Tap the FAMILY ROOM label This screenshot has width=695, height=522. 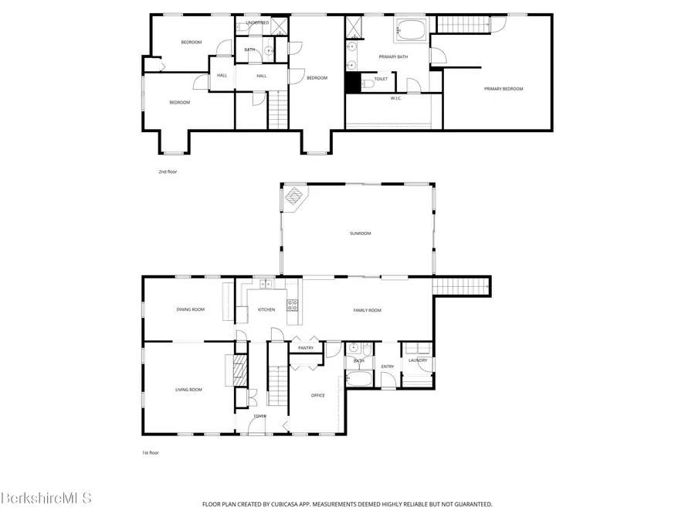pyautogui.click(x=368, y=310)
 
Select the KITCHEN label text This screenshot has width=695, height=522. pyautogui.click(x=266, y=310)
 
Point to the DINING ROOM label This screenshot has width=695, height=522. pyautogui.click(x=191, y=309)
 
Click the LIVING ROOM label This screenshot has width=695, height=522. pyautogui.click(x=188, y=390)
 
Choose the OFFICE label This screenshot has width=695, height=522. pyautogui.click(x=317, y=395)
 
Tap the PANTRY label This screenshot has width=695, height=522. pyautogui.click(x=306, y=348)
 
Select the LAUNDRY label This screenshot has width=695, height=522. pyautogui.click(x=418, y=360)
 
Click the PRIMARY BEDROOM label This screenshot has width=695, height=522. pyautogui.click(x=503, y=89)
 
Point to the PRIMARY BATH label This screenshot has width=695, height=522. pyautogui.click(x=392, y=57)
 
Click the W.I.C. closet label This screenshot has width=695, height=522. pyautogui.click(x=396, y=98)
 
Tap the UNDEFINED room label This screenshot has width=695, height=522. pyautogui.click(x=257, y=23)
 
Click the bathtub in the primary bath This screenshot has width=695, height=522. pyautogui.click(x=412, y=32)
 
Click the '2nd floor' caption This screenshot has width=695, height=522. pyautogui.click(x=168, y=172)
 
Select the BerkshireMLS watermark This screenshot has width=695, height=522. pyautogui.click(x=46, y=499)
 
